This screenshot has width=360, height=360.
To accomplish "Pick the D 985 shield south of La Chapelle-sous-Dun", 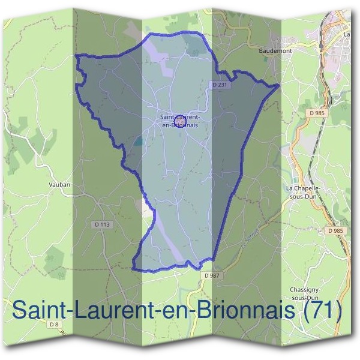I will [x=335, y=230].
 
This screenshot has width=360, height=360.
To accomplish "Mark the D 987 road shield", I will [x=211, y=275].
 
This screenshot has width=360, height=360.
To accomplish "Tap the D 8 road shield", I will [x=55, y=325].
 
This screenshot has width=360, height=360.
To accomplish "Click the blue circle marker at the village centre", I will [x=178, y=122].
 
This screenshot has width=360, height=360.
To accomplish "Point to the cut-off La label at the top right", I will [x=347, y=35].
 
